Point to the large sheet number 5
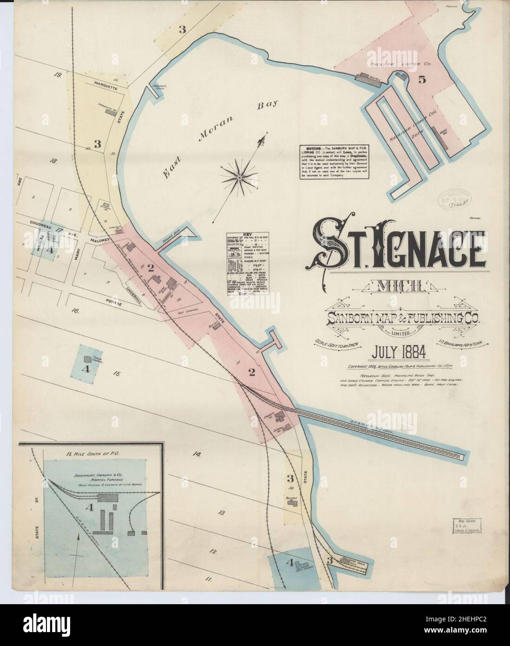(422, 79)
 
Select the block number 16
(75, 310)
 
